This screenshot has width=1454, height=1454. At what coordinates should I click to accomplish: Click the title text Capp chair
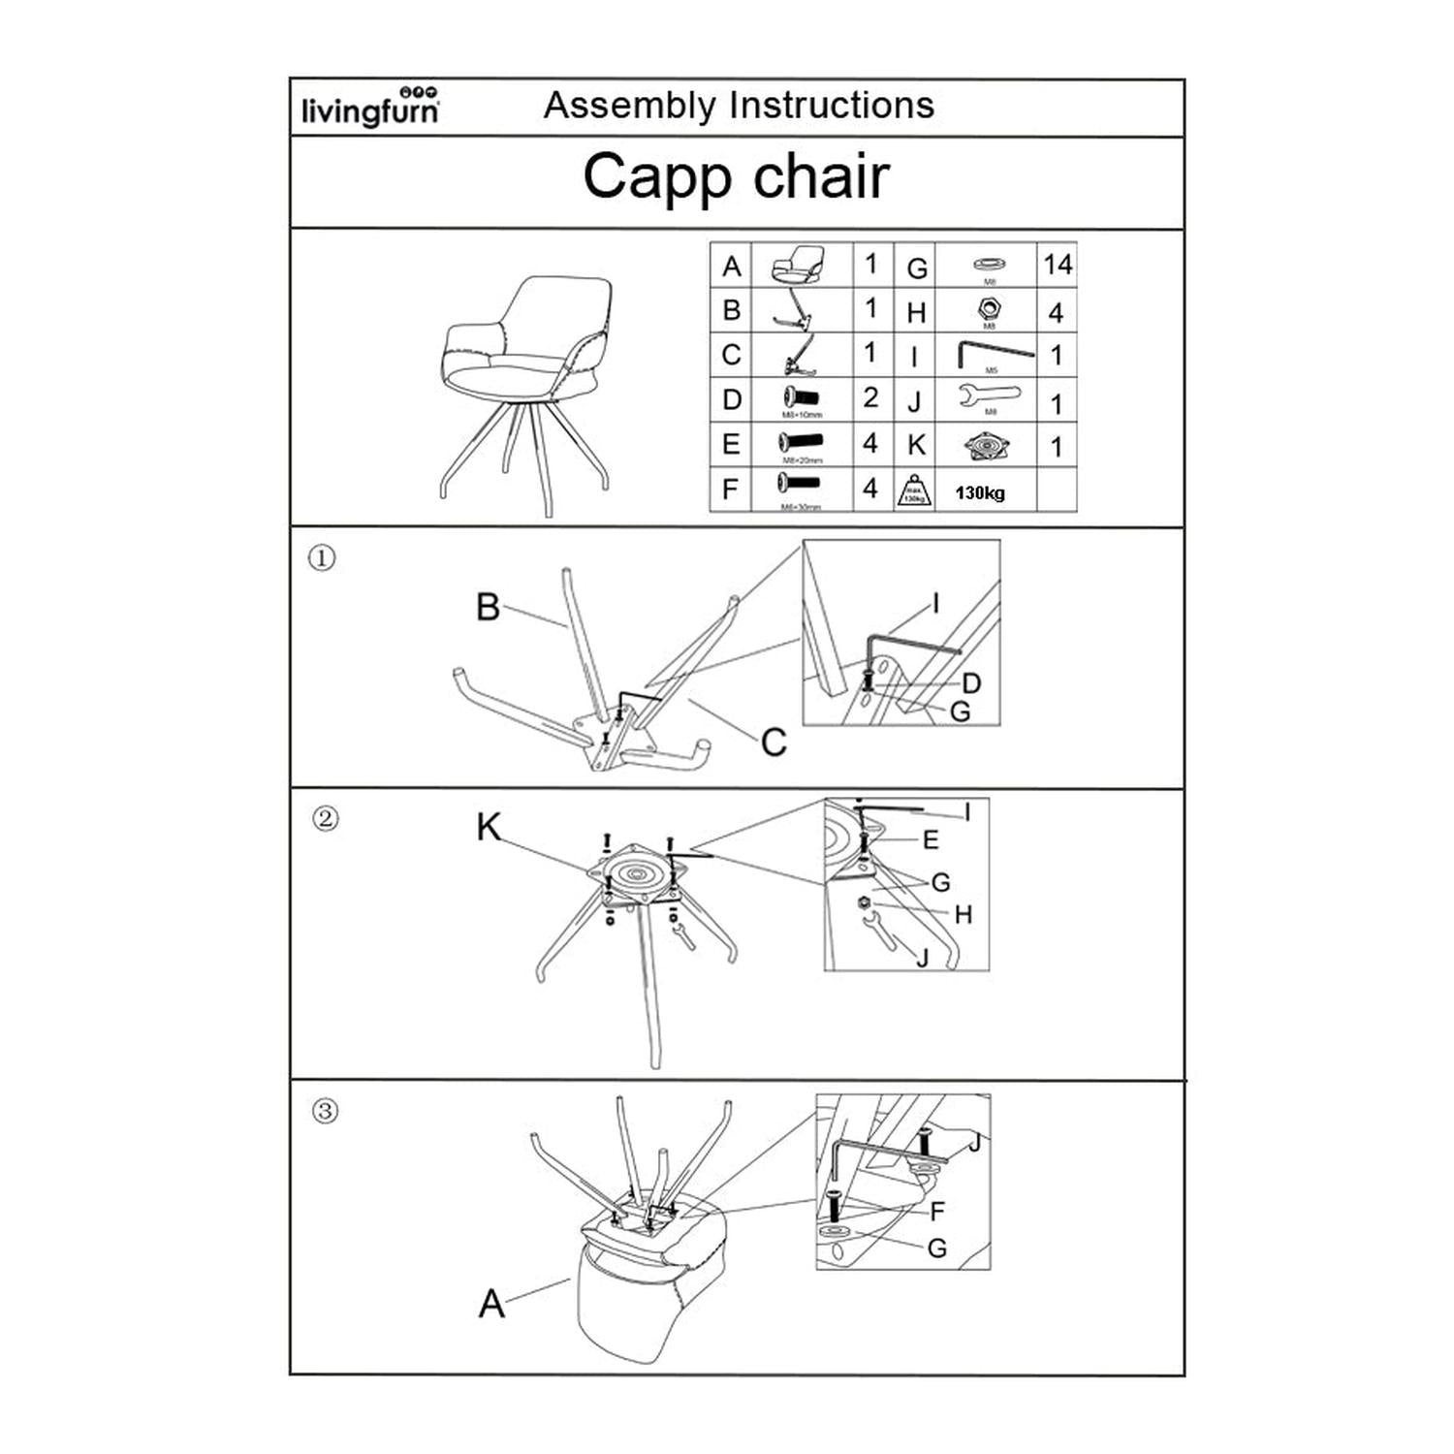click(736, 177)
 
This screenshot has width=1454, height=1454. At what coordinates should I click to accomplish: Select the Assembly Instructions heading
click(739, 105)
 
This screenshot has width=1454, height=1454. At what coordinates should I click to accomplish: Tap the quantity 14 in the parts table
click(1058, 265)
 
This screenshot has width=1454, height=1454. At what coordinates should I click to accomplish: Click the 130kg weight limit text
click(980, 493)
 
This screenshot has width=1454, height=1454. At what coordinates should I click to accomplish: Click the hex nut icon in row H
click(988, 309)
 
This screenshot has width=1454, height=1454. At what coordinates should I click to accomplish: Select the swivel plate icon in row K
click(987, 446)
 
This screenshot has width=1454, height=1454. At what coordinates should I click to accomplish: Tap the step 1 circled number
click(322, 558)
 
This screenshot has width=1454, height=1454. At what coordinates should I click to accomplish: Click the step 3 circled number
click(326, 1111)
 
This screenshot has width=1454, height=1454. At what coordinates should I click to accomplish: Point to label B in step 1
click(488, 608)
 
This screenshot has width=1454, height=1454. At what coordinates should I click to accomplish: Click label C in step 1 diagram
click(774, 743)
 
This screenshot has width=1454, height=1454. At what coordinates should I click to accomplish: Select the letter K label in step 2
click(489, 828)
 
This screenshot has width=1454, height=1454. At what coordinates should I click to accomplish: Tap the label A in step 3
click(491, 1304)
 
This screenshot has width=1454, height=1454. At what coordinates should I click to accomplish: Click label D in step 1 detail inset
click(970, 683)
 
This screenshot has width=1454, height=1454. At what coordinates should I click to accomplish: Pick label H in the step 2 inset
click(963, 915)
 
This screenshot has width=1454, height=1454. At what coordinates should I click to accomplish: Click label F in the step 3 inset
click(936, 1212)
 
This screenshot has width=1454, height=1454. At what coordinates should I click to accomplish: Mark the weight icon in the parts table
click(914, 490)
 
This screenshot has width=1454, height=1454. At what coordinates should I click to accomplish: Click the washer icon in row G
click(988, 263)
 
